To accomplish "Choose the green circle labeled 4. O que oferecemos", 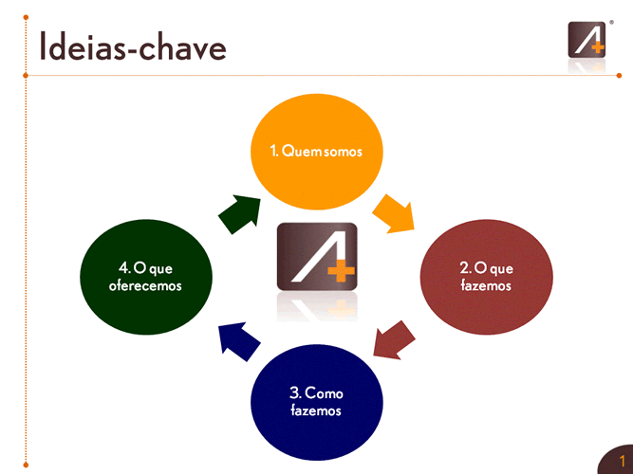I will [x=145, y=276].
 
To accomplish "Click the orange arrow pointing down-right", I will [x=394, y=213].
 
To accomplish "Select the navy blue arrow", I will [x=238, y=338].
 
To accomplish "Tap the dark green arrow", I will [x=238, y=214].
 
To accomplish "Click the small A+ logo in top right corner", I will [x=585, y=39].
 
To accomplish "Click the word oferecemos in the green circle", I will [x=145, y=285].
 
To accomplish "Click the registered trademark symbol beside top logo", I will [x=610, y=18].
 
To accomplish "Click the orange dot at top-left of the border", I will [x=26, y=18].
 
